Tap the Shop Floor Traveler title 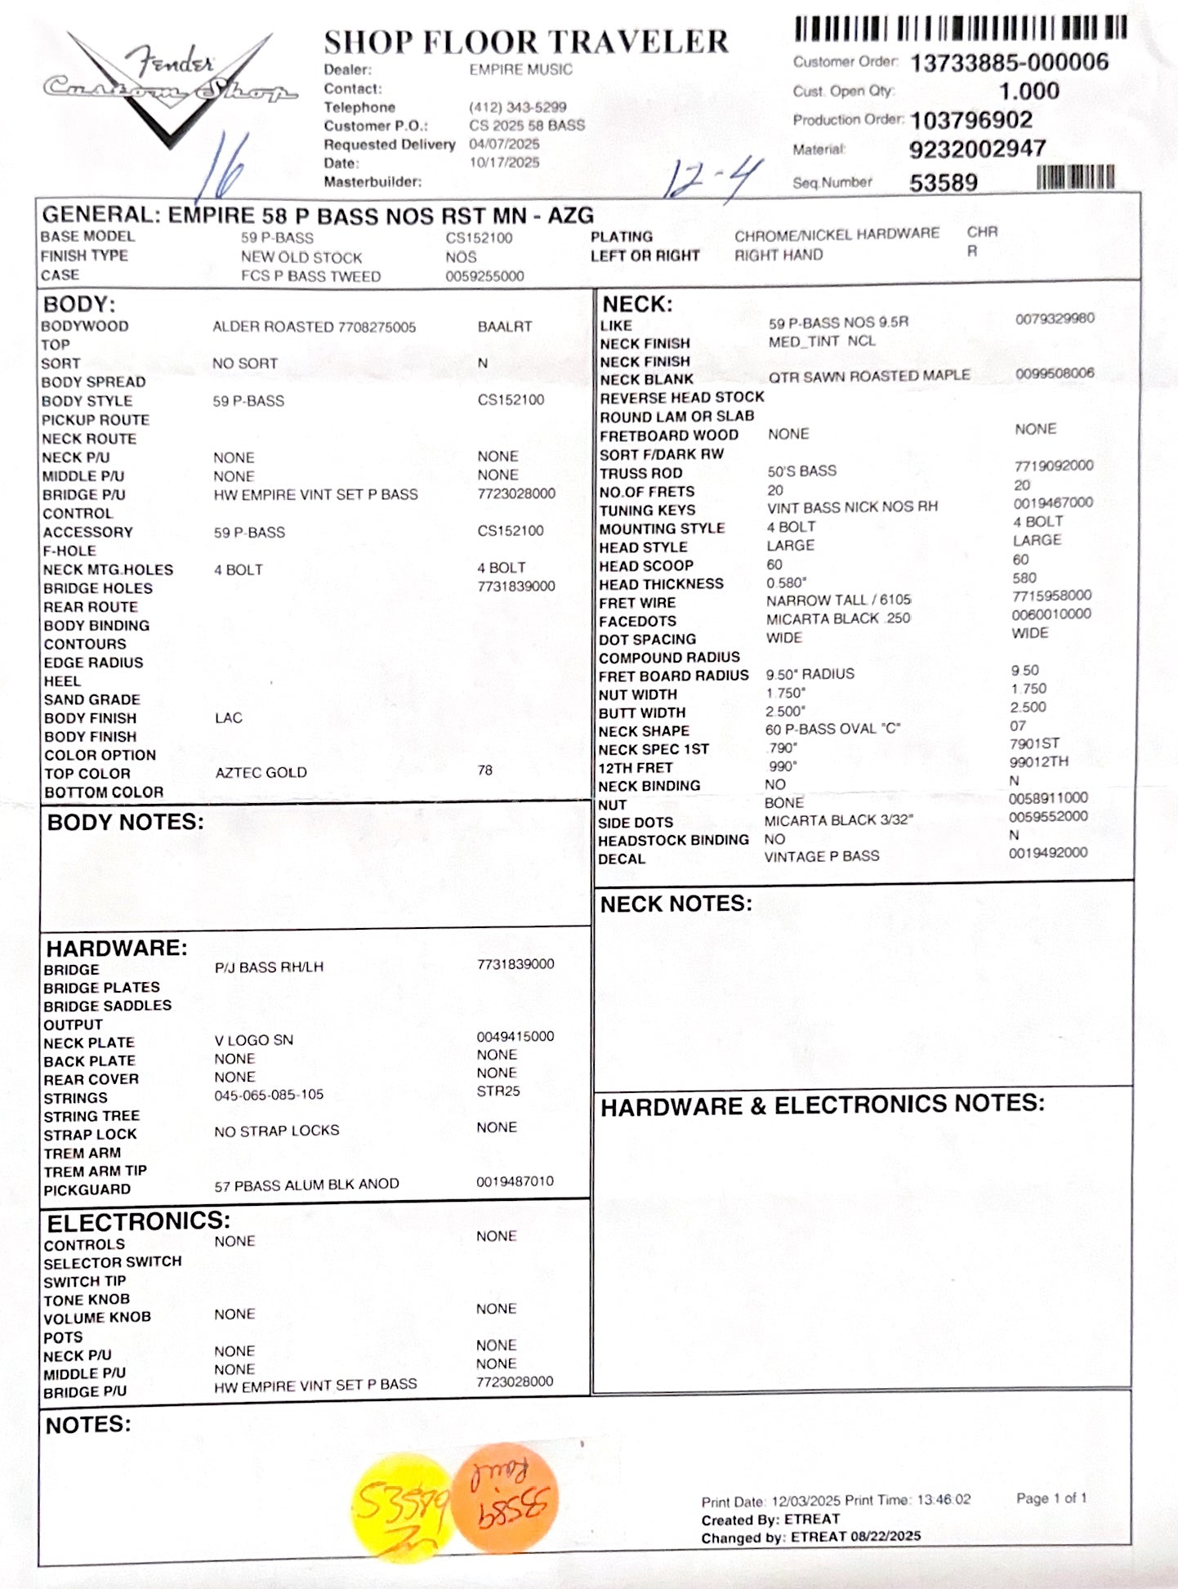pyautogui.click(x=525, y=42)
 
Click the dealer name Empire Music pyautogui.click(x=520, y=70)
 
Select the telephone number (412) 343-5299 pyautogui.click(x=517, y=107)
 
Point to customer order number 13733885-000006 pyautogui.click(x=1009, y=62)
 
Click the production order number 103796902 pyautogui.click(x=971, y=120)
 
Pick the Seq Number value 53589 pyautogui.click(x=943, y=182)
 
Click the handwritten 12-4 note pyautogui.click(x=711, y=179)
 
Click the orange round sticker pyautogui.click(x=505, y=1497)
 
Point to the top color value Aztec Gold pyautogui.click(x=261, y=772)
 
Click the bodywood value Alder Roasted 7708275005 pyautogui.click(x=314, y=327)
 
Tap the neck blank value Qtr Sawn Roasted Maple pyautogui.click(x=868, y=376)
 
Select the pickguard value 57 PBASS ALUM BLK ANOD pyautogui.click(x=306, y=1185)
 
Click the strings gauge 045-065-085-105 pyautogui.click(x=269, y=1095)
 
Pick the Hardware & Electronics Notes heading pyautogui.click(x=822, y=1105)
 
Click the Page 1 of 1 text pyautogui.click(x=1051, y=1498)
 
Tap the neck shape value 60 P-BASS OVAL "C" pyautogui.click(x=832, y=729)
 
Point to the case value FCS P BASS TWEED pyautogui.click(x=310, y=276)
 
